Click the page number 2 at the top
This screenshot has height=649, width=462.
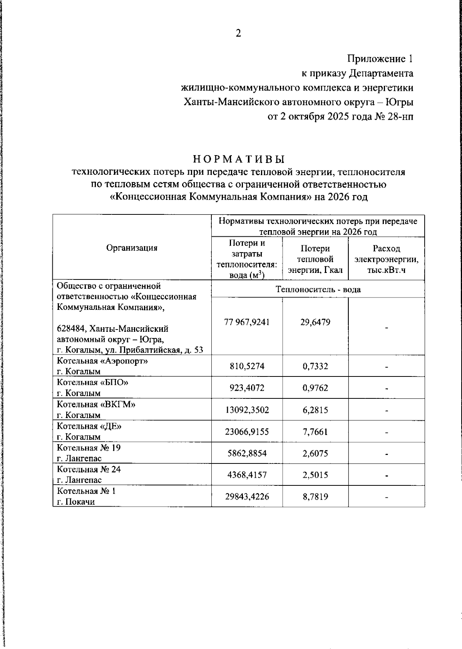[x=238, y=34]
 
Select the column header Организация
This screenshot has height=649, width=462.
[x=132, y=248]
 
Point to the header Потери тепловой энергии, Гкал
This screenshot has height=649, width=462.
[x=315, y=259]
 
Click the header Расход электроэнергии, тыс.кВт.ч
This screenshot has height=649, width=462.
[x=386, y=259]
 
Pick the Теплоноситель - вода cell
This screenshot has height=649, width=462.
[x=318, y=289]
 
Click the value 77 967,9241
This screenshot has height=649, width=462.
[x=247, y=322]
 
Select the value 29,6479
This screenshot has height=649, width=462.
[x=315, y=322]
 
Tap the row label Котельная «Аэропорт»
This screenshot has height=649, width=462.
[x=102, y=361]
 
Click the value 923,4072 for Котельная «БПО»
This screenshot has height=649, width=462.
[x=247, y=388]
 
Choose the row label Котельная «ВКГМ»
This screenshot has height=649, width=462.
[x=96, y=405]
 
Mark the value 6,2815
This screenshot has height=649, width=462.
[x=315, y=410]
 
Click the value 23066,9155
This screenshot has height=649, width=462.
[x=247, y=432]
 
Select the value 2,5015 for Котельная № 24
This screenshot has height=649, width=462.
[x=315, y=475]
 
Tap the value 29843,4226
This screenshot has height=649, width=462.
[x=247, y=497]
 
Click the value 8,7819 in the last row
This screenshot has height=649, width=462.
[x=315, y=497]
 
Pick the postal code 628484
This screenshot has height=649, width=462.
[x=69, y=330]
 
